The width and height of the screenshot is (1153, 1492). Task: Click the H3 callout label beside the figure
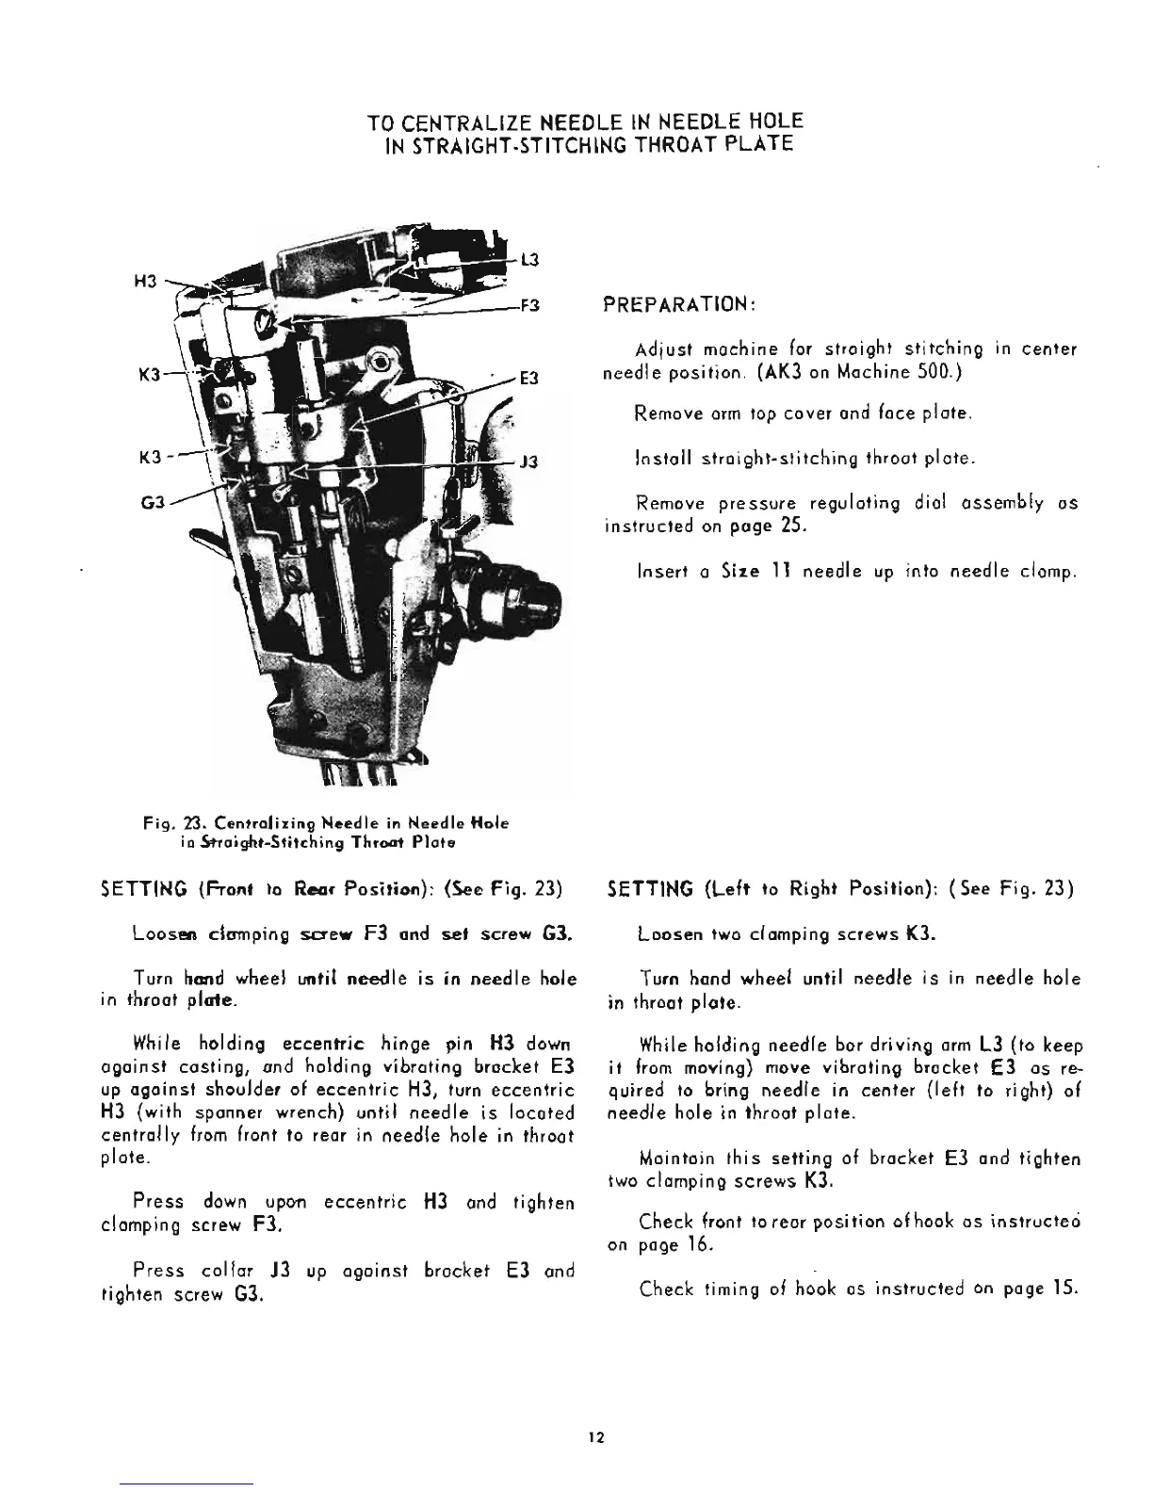tap(145, 283)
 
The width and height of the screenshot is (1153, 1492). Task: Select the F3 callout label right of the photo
tap(530, 306)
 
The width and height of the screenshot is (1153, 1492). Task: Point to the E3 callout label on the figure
tap(529, 379)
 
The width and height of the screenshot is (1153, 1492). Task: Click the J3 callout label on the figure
tap(529, 462)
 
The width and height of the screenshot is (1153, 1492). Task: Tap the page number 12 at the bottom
tap(594, 1437)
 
